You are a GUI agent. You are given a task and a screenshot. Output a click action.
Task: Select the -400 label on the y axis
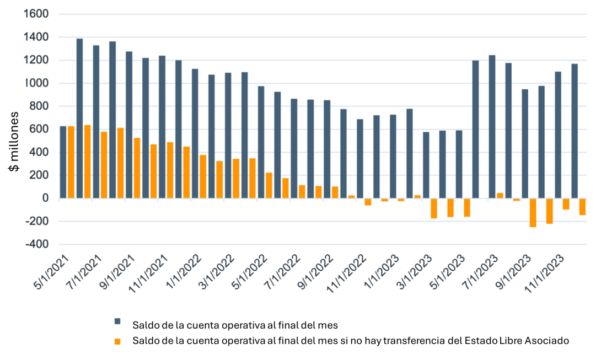tap(35, 244)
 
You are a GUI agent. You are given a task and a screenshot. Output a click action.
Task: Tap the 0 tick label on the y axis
tap(46, 198)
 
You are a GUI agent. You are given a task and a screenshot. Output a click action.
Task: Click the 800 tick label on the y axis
tap(40, 106)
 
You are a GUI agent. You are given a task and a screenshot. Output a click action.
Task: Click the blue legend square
tap(117, 322)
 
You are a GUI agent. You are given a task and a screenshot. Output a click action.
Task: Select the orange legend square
tap(117, 341)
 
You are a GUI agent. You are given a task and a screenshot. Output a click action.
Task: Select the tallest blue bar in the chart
tap(79, 119)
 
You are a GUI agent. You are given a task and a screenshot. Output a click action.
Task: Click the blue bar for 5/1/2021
tap(63, 162)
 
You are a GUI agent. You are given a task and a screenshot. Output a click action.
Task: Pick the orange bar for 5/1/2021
tap(71, 162)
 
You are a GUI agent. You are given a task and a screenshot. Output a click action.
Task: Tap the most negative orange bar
tap(533, 213)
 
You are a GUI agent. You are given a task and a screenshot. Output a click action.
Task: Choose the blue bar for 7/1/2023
tap(492, 127)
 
